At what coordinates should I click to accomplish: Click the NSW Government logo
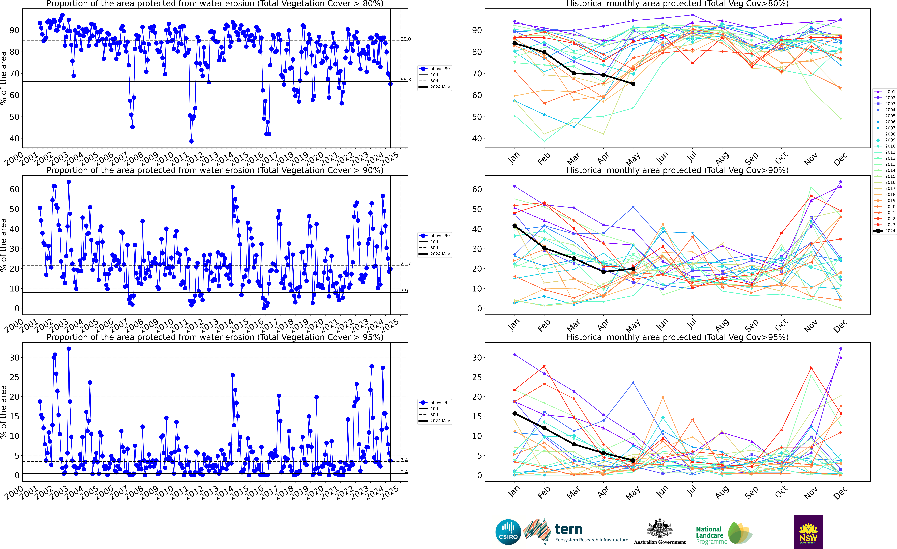pyautogui.click(x=808, y=532)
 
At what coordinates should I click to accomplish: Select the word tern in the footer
pyautogui.click(x=569, y=529)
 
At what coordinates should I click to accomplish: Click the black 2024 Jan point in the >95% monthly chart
pyautogui.click(x=514, y=414)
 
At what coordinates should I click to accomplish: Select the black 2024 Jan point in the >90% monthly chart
pyautogui.click(x=514, y=226)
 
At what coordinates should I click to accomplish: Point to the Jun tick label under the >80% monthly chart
pyautogui.click(x=663, y=158)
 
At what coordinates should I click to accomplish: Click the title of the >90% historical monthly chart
pyautogui.click(x=677, y=170)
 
